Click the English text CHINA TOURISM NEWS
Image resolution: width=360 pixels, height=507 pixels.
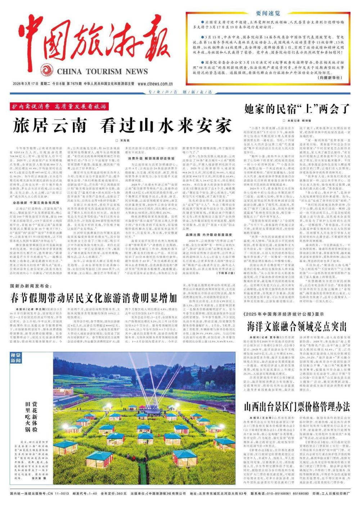pos(102,71)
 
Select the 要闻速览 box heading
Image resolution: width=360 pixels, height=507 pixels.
pos(268,14)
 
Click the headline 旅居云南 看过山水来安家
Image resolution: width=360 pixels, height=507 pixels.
pos(122,126)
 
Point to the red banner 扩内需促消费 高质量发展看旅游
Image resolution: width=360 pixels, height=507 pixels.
pos(59,107)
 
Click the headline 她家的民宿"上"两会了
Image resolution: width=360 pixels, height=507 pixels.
pos(297,109)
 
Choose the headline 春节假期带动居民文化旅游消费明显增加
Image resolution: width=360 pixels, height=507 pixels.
pos(94,298)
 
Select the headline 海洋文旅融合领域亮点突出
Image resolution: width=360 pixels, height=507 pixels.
pos(297,326)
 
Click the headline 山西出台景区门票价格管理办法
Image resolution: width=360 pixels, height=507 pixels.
pos(297,407)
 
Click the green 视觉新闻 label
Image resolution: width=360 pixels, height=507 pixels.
pos(15,358)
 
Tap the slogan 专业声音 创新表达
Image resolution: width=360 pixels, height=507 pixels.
pos(180,92)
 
